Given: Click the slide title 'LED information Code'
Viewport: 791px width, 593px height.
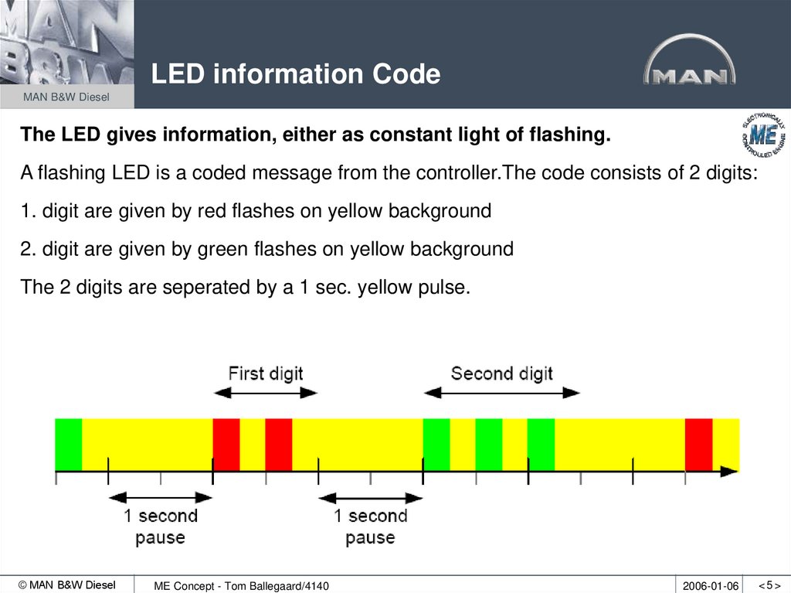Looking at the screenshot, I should point(295,75).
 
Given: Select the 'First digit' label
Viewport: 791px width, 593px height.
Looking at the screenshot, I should point(266,373).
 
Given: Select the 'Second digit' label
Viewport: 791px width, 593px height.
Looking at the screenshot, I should point(501,373).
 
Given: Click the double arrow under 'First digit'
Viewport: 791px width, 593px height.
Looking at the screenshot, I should point(266,393).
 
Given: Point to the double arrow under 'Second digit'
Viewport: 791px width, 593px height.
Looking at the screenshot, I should point(501,393).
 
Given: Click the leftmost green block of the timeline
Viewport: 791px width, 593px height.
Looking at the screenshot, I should point(68,444).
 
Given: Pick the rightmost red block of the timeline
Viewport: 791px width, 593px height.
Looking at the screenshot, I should point(698,444).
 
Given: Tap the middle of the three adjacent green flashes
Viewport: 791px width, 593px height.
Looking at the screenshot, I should point(488,444).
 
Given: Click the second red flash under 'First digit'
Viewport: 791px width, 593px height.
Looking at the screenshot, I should point(278,444).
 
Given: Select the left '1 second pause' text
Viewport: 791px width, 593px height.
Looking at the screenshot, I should point(161,526).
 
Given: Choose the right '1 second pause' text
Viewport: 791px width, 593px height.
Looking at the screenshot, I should point(370,526).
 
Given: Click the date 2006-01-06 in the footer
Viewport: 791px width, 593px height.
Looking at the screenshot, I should point(711,585).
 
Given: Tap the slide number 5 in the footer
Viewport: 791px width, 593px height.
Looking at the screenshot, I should point(769,584).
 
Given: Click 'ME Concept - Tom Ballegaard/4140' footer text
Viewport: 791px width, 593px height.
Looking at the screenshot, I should point(241,586).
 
